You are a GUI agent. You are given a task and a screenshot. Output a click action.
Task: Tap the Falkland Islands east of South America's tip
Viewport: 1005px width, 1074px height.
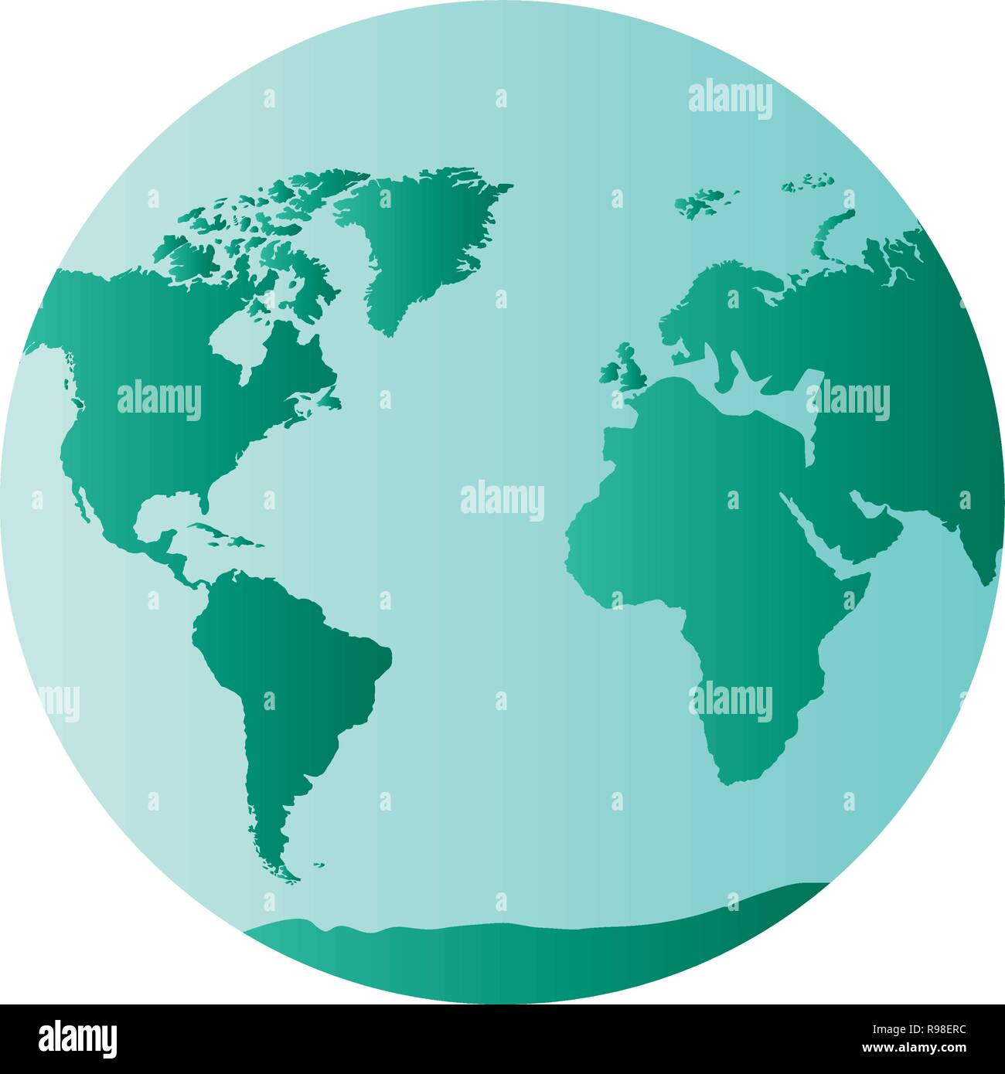318,865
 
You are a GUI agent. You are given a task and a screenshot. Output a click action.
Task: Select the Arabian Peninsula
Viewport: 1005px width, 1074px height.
858,525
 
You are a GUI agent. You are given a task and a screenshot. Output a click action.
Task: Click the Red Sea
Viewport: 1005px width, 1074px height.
812,533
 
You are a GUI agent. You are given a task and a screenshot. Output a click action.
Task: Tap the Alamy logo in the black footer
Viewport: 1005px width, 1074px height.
78,1037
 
